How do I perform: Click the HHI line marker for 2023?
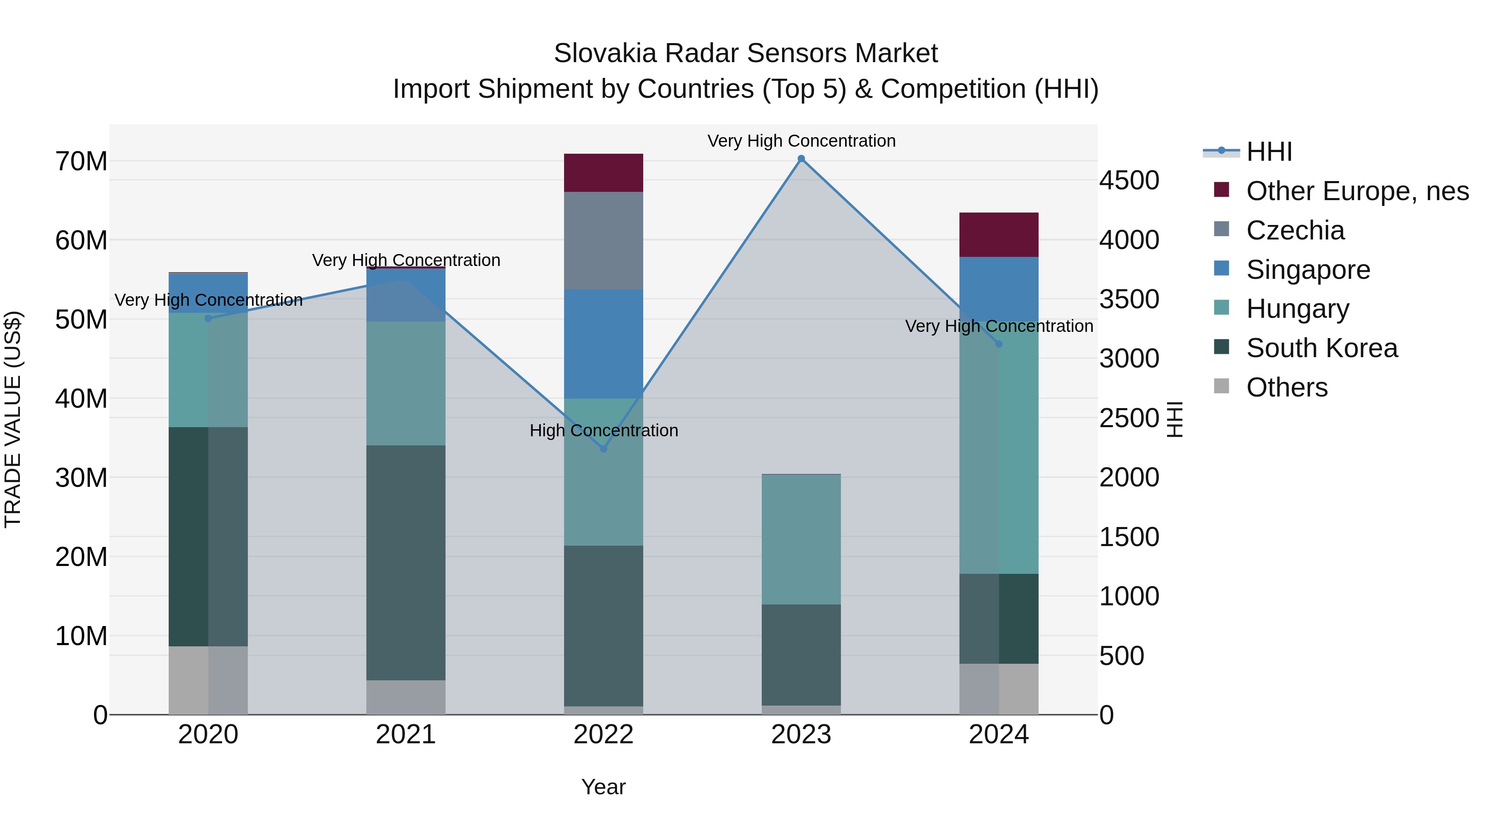pyautogui.click(x=801, y=159)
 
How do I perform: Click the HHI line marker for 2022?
pyautogui.click(x=603, y=449)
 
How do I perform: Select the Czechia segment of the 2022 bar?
pyautogui.click(x=603, y=240)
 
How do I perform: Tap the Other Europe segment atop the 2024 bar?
pyautogui.click(x=998, y=235)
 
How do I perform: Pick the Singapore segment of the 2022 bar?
pyautogui.click(x=603, y=343)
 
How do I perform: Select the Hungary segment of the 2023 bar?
pyautogui.click(x=801, y=539)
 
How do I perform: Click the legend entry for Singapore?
pyautogui.click(x=1308, y=270)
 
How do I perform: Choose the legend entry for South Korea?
pyautogui.click(x=1322, y=348)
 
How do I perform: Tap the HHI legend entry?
pyautogui.click(x=1269, y=152)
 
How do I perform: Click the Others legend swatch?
pyautogui.click(x=1221, y=386)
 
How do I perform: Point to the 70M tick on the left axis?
pyautogui.click(x=81, y=161)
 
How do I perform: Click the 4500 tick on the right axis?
pyautogui.click(x=1129, y=180)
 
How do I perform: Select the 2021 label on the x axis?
pyautogui.click(x=405, y=735)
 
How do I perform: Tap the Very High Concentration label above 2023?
pyautogui.click(x=801, y=141)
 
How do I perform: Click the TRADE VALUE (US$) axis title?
pyautogui.click(x=13, y=419)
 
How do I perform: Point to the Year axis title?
pyautogui.click(x=603, y=787)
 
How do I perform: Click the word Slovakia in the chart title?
pyautogui.click(x=605, y=53)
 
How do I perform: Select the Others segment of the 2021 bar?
pyautogui.click(x=405, y=697)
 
